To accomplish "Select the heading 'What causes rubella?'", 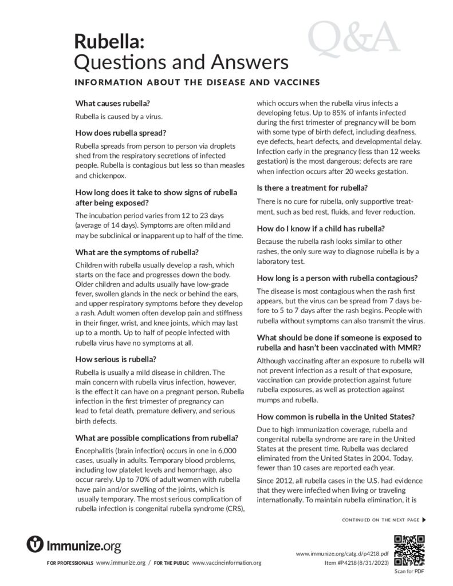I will click(113, 104).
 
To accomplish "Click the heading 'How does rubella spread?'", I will click(121, 133).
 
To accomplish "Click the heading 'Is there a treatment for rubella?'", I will click(320, 188).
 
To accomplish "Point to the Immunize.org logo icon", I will click(36, 544).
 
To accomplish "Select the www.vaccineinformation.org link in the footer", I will click(231, 563).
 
